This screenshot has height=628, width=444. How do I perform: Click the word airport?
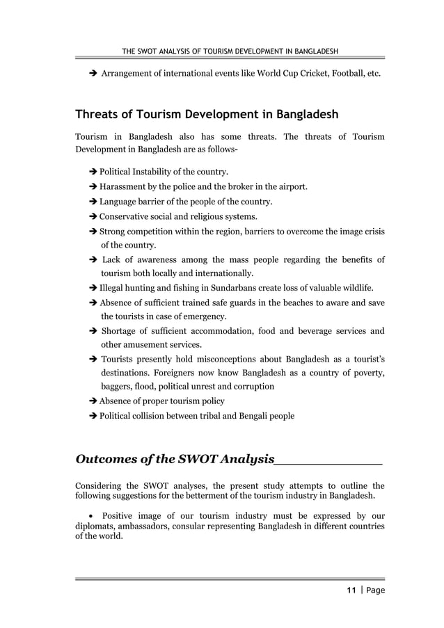(x=292, y=186)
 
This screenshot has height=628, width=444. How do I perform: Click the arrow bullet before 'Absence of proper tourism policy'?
(x=93, y=401)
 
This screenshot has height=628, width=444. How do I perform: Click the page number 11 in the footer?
(x=351, y=590)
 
